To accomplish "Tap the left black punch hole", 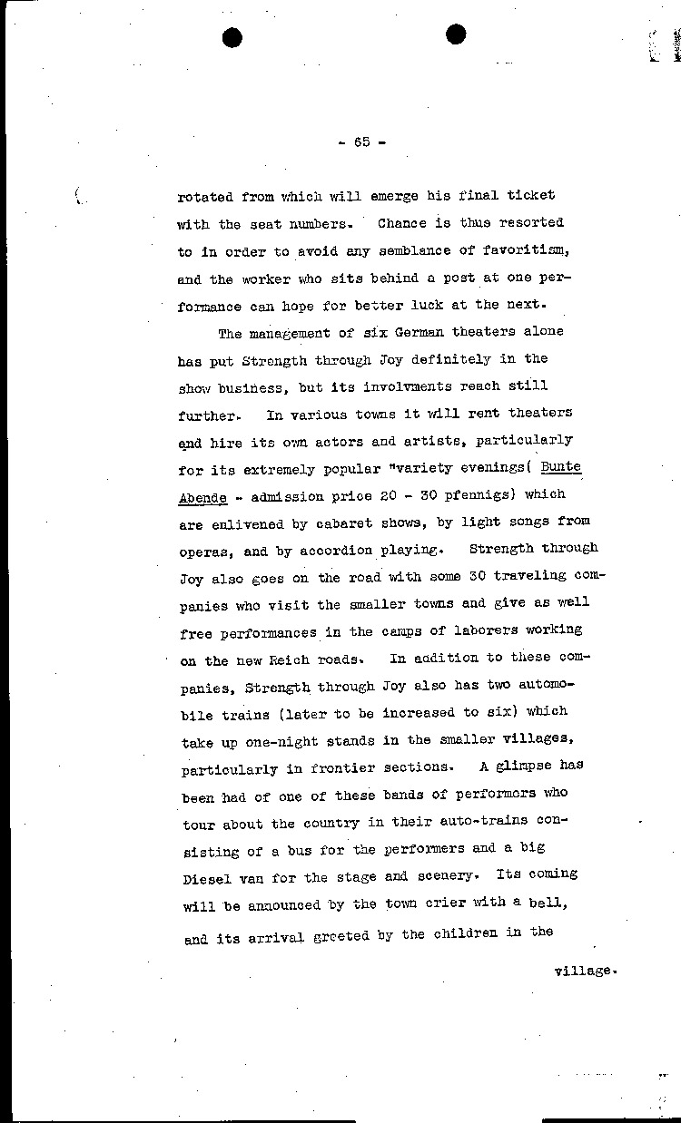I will point(232,36).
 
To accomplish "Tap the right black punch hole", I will point(456,34).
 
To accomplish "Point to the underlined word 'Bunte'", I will point(560,467).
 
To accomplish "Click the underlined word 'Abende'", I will point(202,495).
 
